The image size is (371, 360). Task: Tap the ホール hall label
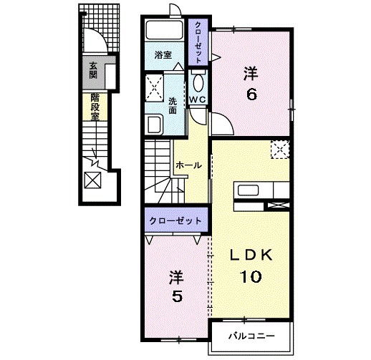coord(188,165)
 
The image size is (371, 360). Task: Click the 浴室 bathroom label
coord(163,54)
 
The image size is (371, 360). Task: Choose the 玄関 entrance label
coord(94,72)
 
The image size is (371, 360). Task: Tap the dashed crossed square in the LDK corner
coord(279,150)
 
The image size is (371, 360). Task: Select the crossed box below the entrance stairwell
coord(94,179)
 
